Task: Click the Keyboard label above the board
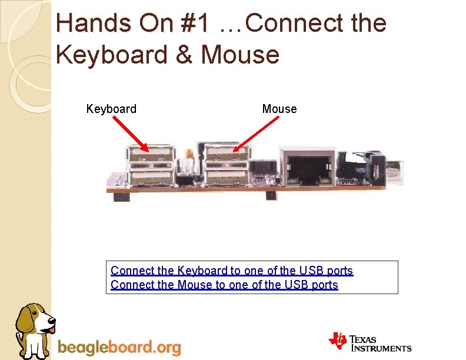tap(111, 109)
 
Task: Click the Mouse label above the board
tap(279, 109)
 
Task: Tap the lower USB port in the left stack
tap(152, 177)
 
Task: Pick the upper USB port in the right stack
tap(226, 156)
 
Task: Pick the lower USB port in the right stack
tap(226, 177)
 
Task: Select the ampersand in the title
tap(186, 55)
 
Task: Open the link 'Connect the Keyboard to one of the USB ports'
tap(232, 271)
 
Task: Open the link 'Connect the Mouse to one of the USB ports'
tap(224, 285)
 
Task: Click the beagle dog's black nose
tap(52, 321)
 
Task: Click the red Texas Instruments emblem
tap(338, 341)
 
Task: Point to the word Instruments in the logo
tap(382, 348)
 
